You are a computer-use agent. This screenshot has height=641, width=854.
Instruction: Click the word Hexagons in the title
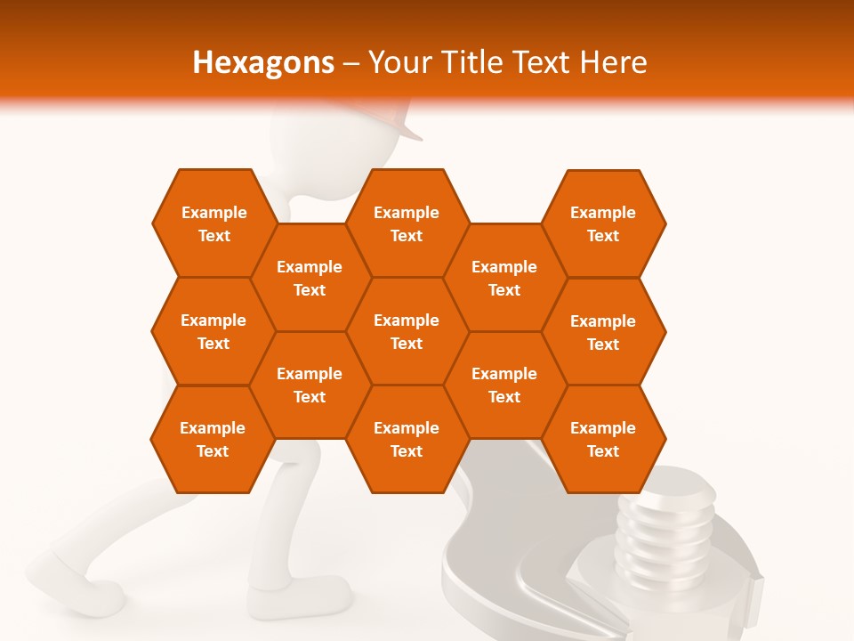[x=263, y=62]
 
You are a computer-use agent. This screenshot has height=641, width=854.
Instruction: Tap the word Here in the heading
[x=613, y=62]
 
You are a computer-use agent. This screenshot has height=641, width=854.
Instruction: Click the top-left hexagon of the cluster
[x=213, y=223]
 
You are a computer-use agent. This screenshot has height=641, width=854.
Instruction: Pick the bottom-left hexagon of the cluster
[x=213, y=439]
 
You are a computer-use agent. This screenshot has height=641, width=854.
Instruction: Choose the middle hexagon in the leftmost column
[x=213, y=331]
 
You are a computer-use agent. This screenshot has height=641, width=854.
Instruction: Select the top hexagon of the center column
[x=407, y=223]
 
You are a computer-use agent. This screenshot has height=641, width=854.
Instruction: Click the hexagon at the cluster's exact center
[x=407, y=331]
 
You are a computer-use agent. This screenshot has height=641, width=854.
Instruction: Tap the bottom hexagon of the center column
[x=407, y=439]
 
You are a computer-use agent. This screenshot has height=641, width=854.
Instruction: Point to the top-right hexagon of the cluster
[x=603, y=223]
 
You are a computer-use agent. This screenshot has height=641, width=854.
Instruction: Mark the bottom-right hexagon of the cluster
[x=603, y=439]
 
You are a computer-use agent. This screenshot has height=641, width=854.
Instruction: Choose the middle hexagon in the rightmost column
[x=603, y=332]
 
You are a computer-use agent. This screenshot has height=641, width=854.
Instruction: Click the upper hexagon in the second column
[x=310, y=278]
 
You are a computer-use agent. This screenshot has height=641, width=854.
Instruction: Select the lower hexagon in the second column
[x=310, y=385]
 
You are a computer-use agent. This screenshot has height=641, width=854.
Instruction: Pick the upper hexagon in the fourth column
[x=504, y=278]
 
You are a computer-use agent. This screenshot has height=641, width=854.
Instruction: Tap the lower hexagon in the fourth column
[x=504, y=385]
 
